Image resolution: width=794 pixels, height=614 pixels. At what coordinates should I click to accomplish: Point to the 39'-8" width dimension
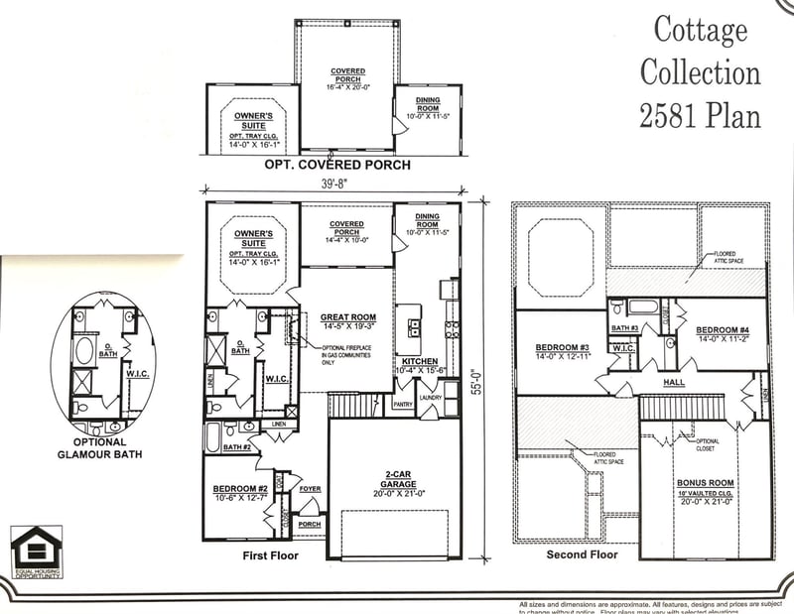coord(332,182)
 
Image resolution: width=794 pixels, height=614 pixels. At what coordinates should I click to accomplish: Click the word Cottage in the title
coord(700,31)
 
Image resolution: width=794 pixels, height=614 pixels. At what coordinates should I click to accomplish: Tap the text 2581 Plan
coord(700,115)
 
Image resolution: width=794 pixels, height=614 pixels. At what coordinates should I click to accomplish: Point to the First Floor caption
coord(270,555)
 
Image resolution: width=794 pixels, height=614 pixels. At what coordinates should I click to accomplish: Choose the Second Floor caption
coord(582,554)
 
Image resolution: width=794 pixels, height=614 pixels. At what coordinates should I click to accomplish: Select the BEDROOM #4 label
coord(722,330)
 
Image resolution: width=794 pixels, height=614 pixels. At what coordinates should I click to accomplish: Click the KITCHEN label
coord(419,362)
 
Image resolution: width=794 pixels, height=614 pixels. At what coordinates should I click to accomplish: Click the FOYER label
coord(310,489)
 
